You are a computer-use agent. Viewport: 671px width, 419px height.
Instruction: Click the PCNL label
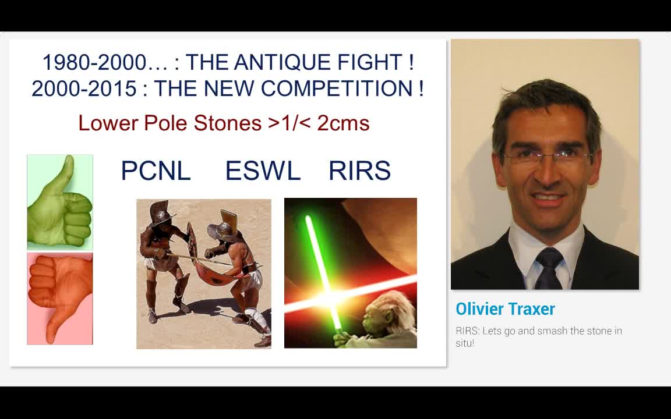click(x=156, y=171)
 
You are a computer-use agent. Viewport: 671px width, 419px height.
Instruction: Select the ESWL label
click(x=263, y=171)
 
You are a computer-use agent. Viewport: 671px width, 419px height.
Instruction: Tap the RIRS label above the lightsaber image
click(x=359, y=171)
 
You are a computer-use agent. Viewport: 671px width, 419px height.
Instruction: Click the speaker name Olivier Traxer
click(x=505, y=309)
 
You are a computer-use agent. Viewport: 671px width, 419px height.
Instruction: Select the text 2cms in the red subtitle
click(x=343, y=123)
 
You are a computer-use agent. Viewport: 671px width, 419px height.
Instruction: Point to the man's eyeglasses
click(x=546, y=158)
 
